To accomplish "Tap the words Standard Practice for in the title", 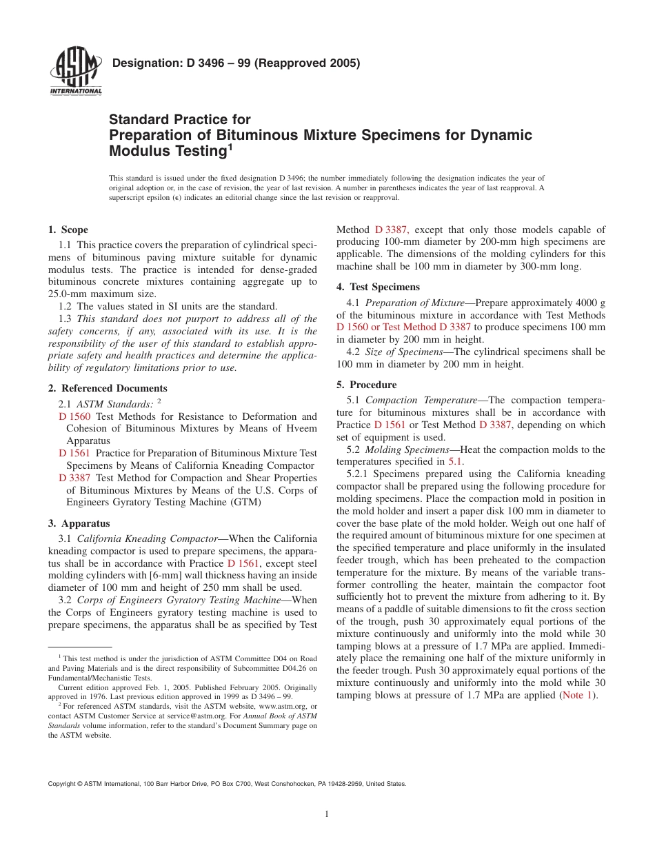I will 180,119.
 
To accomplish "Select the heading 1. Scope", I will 68,230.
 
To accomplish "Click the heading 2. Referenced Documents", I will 108,388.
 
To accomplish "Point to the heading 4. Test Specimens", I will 378,287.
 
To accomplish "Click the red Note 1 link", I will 577,695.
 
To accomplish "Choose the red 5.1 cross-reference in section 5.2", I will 456,461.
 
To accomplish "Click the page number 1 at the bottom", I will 327,814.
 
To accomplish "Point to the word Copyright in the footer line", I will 63,784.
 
